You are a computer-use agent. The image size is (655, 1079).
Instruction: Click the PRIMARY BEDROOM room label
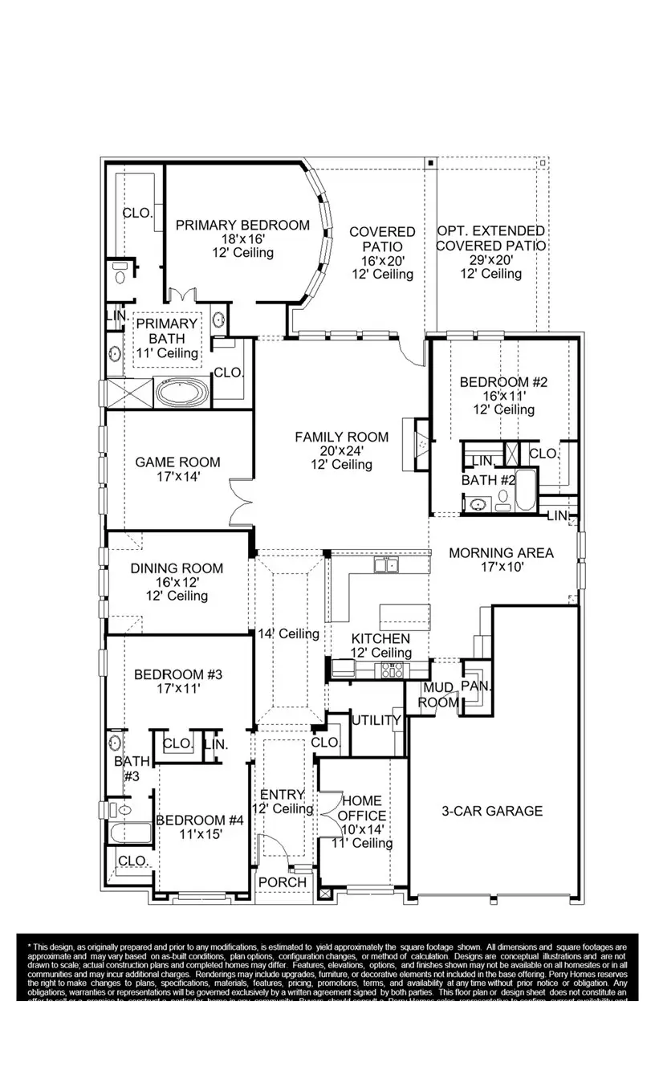[242, 226]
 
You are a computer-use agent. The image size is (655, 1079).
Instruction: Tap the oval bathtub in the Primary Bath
[181, 393]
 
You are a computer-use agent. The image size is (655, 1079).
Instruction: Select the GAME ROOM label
[177, 462]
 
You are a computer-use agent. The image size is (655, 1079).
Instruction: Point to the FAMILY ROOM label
[341, 438]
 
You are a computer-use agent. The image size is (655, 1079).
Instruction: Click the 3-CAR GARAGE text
[491, 811]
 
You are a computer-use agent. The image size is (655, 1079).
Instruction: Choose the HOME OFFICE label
[362, 808]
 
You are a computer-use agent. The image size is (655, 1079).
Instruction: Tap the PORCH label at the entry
[283, 882]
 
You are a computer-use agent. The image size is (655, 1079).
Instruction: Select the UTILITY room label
[376, 720]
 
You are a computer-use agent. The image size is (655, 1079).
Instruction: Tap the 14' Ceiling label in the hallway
[288, 633]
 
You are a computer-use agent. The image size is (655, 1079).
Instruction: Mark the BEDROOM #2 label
[503, 382]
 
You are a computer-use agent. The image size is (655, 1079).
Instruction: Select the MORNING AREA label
[501, 552]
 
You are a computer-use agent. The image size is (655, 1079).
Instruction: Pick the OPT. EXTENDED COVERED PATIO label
[490, 238]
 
